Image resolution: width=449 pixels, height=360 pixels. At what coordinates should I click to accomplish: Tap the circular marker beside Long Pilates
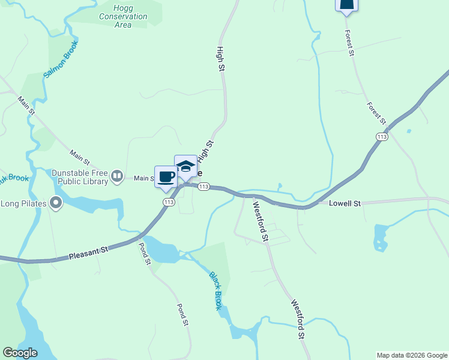56,203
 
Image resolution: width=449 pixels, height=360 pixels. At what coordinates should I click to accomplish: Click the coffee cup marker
166,177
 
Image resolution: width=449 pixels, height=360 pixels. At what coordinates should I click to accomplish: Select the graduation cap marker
185,166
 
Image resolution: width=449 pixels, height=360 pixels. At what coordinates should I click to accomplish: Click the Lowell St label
345,204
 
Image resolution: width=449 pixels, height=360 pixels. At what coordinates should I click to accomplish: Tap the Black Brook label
215,291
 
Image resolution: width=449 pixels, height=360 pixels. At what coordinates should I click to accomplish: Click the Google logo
20,353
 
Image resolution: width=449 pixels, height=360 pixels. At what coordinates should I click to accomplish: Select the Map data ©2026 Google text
412,355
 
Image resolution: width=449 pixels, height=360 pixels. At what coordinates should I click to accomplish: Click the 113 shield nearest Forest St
382,137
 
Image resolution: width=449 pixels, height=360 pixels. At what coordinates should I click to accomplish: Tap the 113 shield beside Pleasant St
169,202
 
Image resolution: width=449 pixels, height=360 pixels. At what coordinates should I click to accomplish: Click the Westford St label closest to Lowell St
260,222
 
